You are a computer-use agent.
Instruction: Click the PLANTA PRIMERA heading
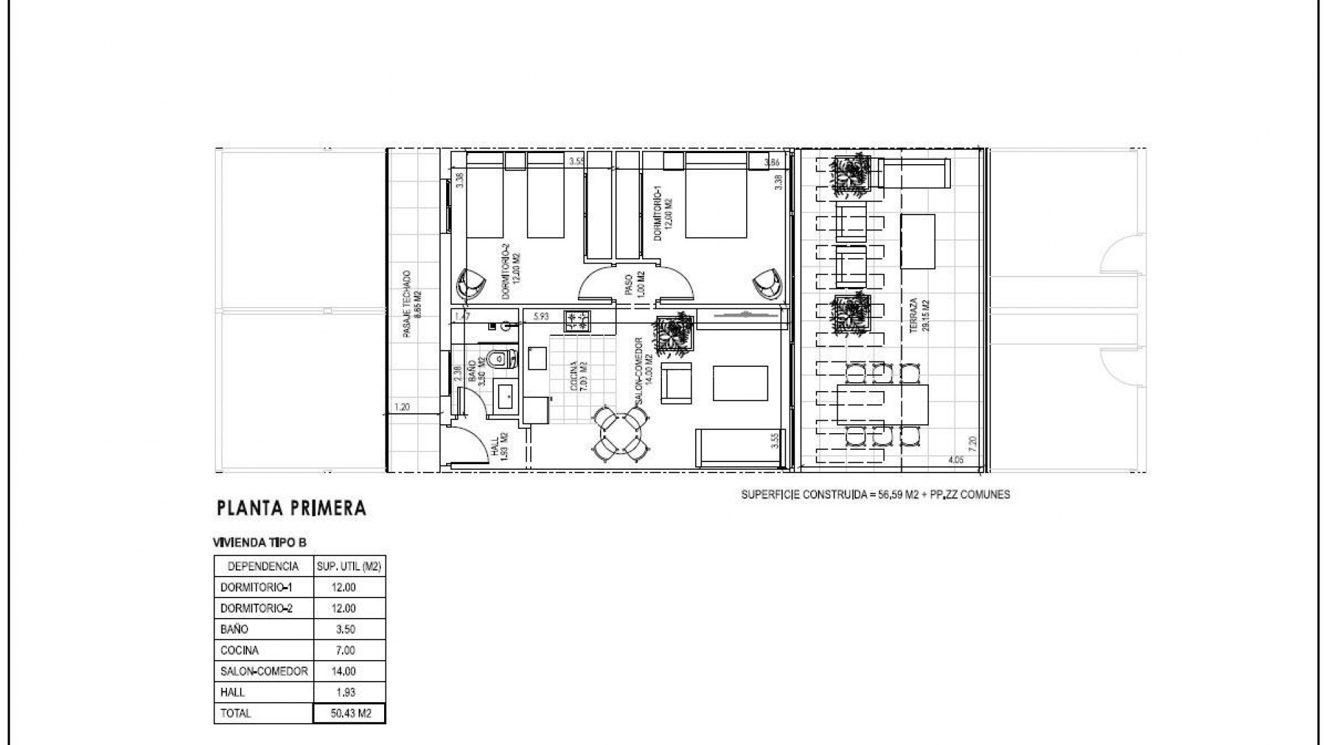click(291, 509)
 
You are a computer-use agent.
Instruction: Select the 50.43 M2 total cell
click(350, 713)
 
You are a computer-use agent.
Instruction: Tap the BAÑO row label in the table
click(234, 629)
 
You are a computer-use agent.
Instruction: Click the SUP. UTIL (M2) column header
click(349, 566)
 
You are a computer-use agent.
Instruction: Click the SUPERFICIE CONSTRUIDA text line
click(875, 495)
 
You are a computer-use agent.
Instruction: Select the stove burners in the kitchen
click(577, 321)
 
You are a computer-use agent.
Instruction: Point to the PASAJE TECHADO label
click(412, 304)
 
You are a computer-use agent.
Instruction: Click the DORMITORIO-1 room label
click(663, 217)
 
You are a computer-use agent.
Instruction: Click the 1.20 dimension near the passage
click(401, 408)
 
